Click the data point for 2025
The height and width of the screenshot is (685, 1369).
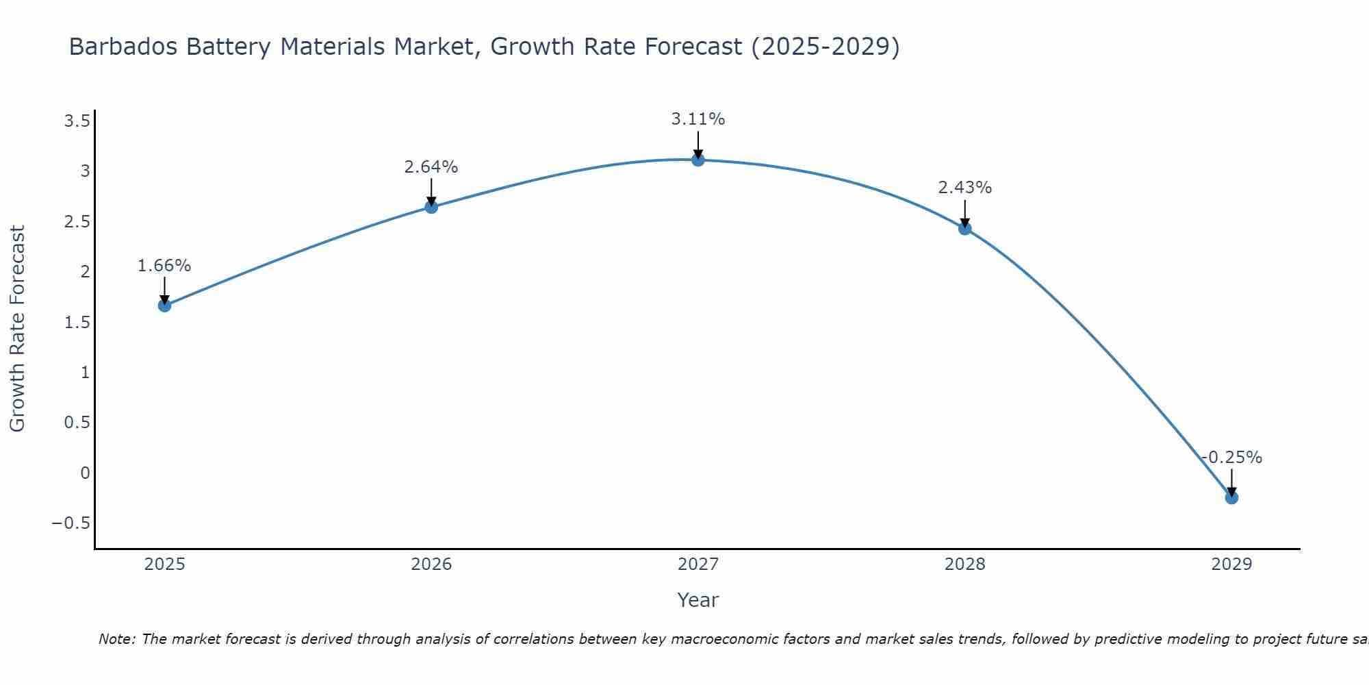(x=164, y=306)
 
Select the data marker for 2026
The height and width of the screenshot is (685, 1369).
(x=431, y=207)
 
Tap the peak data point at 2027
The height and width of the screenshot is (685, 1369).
(x=698, y=160)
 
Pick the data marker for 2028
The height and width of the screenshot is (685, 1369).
(x=965, y=229)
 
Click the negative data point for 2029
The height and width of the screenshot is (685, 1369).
(x=1231, y=498)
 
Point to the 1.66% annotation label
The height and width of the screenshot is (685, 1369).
(x=164, y=266)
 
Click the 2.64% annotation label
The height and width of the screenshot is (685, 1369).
(x=431, y=167)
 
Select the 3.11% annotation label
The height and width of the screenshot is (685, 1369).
(x=698, y=119)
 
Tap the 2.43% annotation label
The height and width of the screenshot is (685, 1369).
(x=965, y=188)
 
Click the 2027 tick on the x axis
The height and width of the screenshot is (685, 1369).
(x=698, y=564)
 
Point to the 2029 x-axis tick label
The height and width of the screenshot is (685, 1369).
(x=1231, y=564)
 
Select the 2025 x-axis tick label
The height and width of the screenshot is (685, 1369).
(x=165, y=564)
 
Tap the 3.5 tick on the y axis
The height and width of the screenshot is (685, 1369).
(x=77, y=122)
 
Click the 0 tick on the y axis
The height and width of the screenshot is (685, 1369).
(x=85, y=473)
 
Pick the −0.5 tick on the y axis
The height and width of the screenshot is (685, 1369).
(x=71, y=523)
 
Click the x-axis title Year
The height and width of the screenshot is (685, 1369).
(x=698, y=601)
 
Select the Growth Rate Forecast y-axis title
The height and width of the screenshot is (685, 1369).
(x=18, y=329)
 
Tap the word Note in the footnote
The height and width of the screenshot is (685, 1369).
(x=117, y=640)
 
